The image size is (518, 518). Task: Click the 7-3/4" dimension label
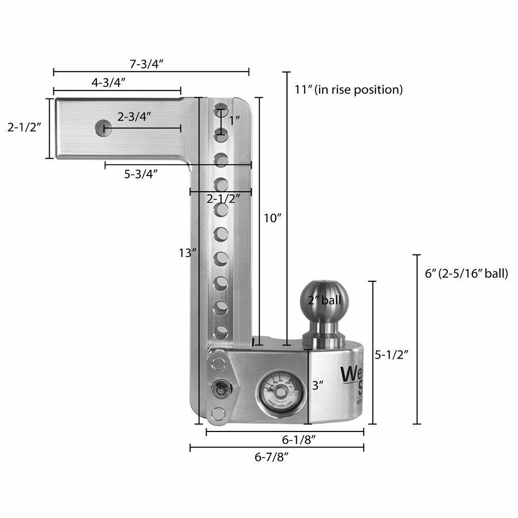tap(147, 64)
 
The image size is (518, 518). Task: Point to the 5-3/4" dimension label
tap(140, 174)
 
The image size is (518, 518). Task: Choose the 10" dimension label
tap(271, 218)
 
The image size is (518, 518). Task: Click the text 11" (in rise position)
tap(348, 89)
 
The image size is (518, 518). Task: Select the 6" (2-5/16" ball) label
tap(466, 273)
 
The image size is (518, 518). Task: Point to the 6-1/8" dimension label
tap(299, 440)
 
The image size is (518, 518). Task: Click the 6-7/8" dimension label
tap(271, 456)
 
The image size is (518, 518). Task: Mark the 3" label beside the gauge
tap(318, 385)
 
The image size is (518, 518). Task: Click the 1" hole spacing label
tap(234, 120)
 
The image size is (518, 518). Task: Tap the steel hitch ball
tap(324, 300)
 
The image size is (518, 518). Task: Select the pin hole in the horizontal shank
tap(104, 128)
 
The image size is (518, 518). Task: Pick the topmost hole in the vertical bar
tap(221, 110)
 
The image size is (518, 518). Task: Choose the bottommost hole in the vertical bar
tap(221, 330)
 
